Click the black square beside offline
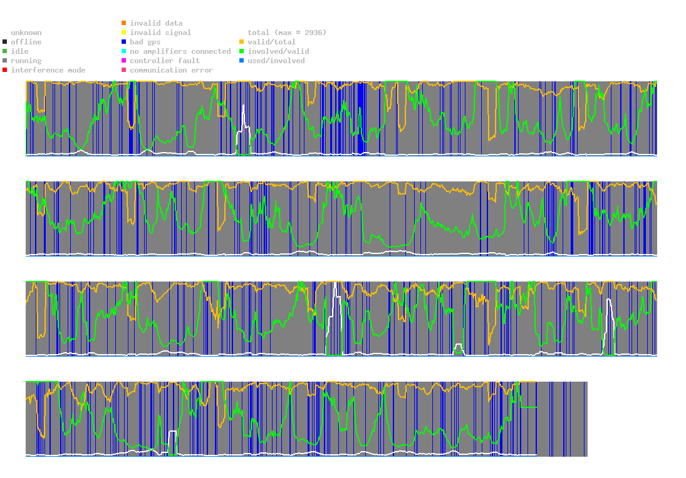coord(5,42)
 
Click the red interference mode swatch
coord(5,70)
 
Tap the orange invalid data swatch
coord(124,23)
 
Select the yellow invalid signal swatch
coord(124,33)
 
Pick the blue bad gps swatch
coord(124,42)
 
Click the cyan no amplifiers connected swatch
coord(124,51)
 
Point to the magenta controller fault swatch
coord(124,61)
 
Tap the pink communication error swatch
coord(124,70)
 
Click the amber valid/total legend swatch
coord(241,42)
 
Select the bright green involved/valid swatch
coord(241,51)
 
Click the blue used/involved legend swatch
coord(241,61)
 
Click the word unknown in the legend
coord(26,33)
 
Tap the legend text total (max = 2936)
coord(287,33)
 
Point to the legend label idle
coord(19,51)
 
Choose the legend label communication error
coord(172,70)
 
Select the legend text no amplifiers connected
coord(180,51)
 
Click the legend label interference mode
coord(48,70)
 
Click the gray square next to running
coord(5,61)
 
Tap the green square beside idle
coord(5,51)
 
